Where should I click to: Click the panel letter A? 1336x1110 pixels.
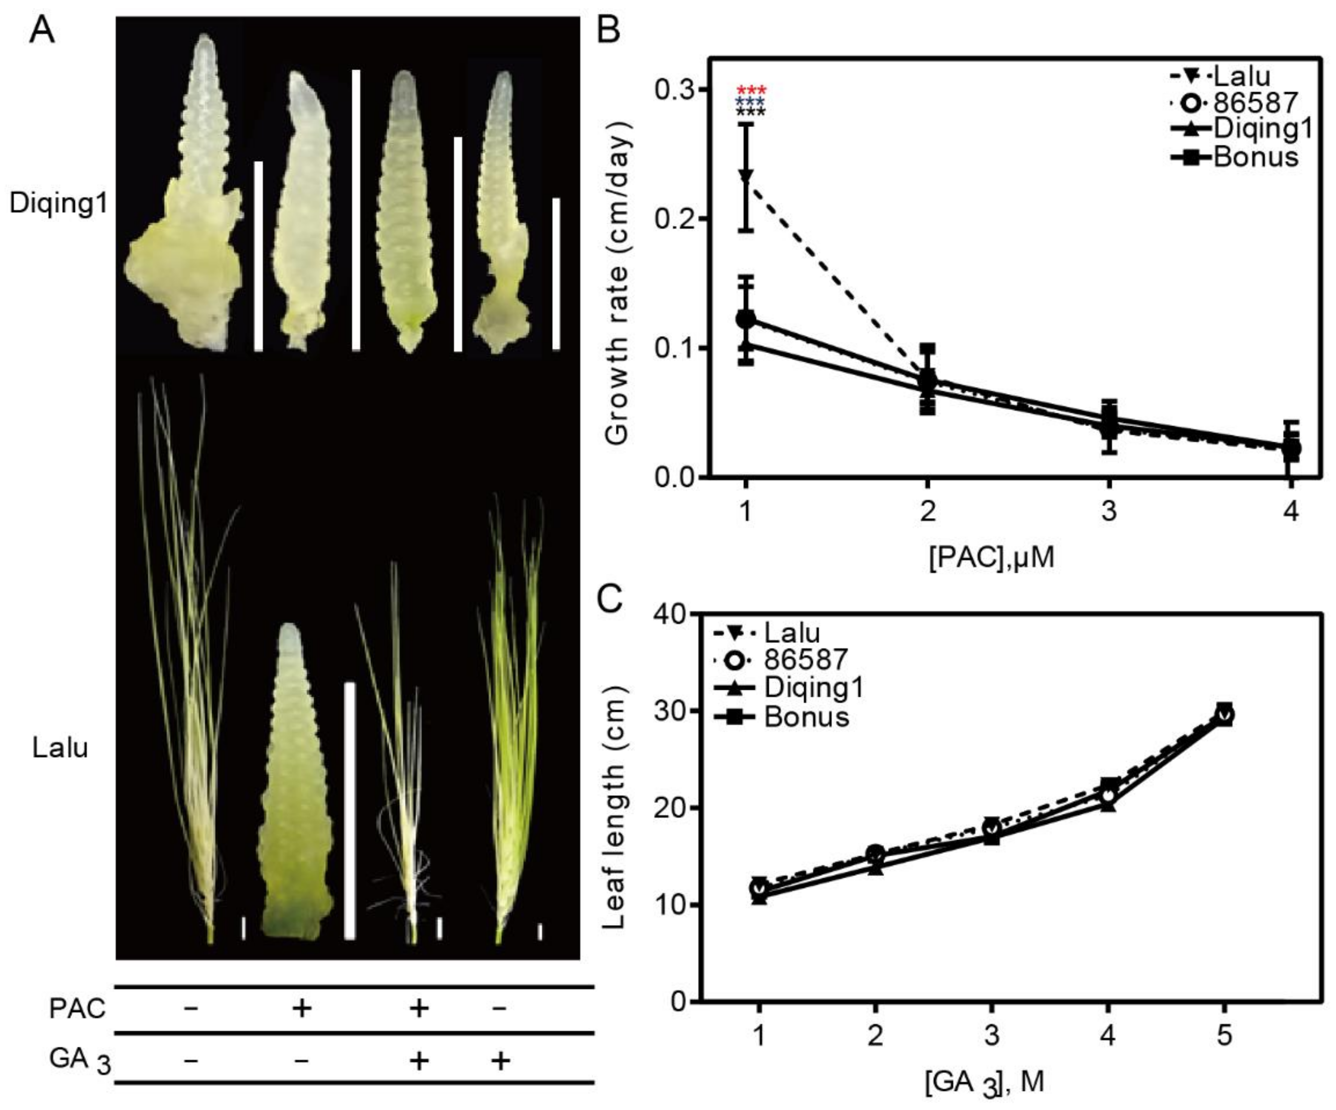(42, 30)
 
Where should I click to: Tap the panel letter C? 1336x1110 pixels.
(610, 598)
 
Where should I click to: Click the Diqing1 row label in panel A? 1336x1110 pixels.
(59, 204)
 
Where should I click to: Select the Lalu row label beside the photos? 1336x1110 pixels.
(60, 748)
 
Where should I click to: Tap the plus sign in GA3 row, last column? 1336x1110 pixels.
(501, 1060)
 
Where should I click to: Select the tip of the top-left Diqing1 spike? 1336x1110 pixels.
(205, 38)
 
